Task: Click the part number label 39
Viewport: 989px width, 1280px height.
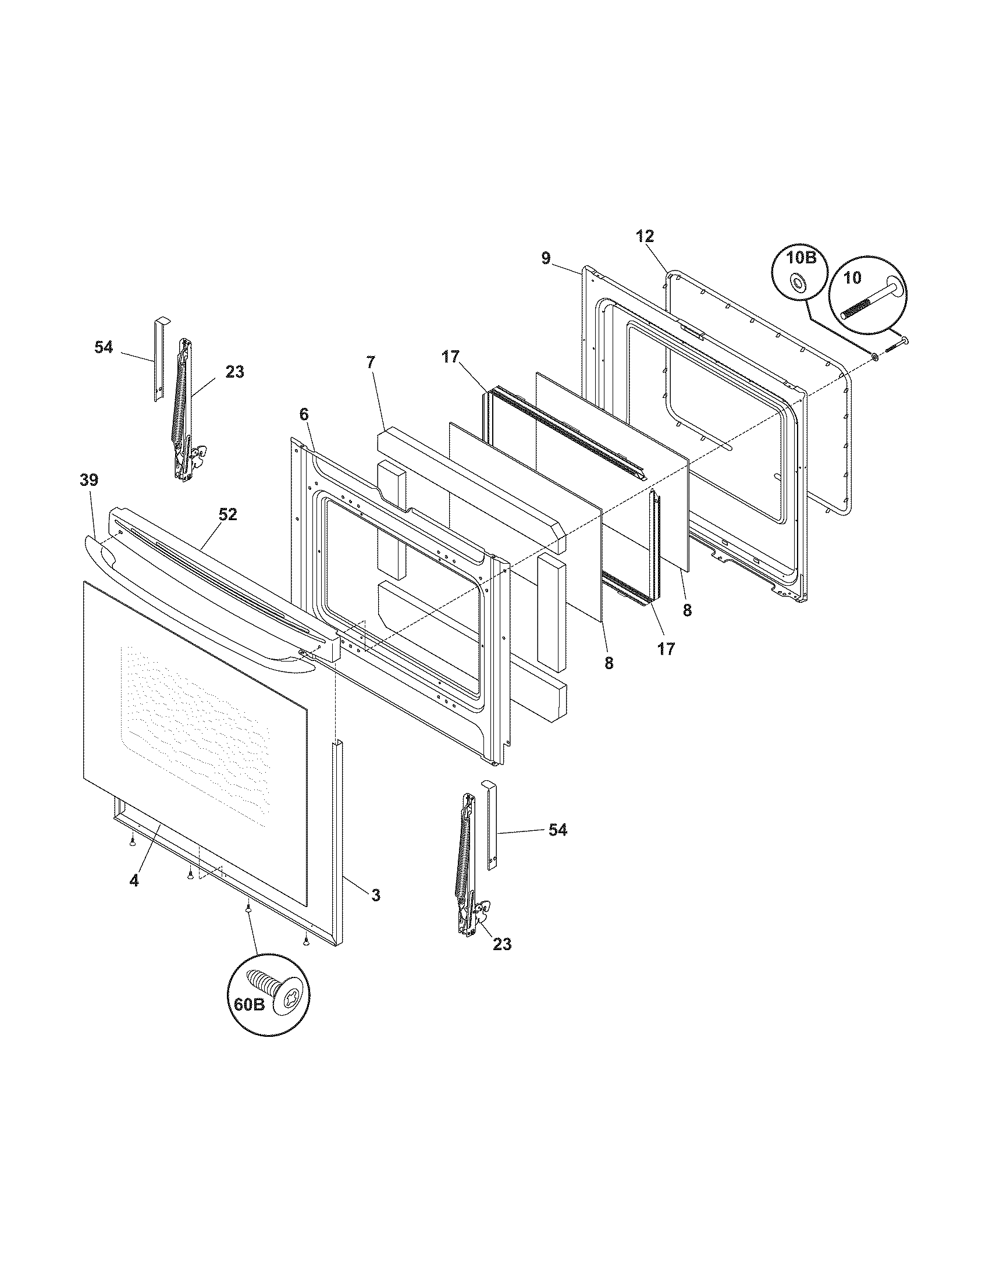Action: pyautogui.click(x=89, y=480)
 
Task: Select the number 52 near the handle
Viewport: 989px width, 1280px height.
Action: pyautogui.click(x=228, y=514)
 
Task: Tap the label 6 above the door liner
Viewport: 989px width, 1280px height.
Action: pyautogui.click(x=303, y=414)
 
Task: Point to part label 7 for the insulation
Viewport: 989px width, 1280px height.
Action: pyautogui.click(x=369, y=362)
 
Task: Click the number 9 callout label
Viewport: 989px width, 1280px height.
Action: pyautogui.click(x=546, y=258)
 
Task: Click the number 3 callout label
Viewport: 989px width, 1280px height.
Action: pyautogui.click(x=376, y=894)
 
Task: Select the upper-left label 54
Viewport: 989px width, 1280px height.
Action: pyautogui.click(x=104, y=347)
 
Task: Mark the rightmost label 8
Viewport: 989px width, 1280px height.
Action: pyautogui.click(x=686, y=610)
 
